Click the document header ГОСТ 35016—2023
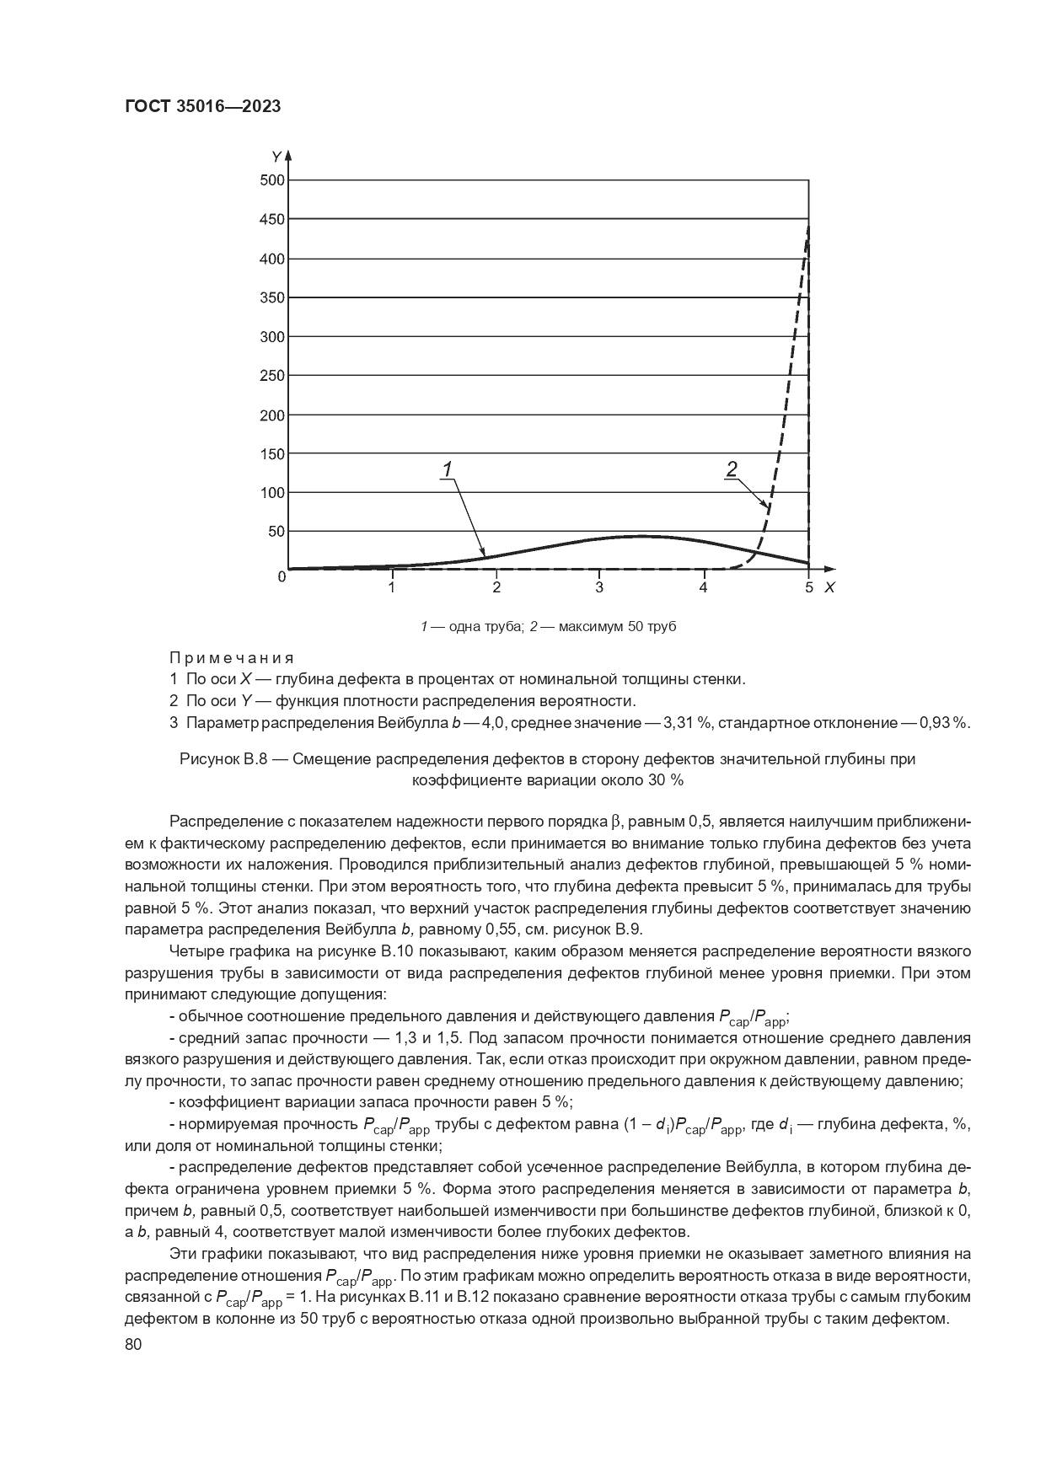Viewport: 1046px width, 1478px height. pyautogui.click(x=202, y=106)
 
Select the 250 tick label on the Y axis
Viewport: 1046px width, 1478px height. pyautogui.click(x=272, y=376)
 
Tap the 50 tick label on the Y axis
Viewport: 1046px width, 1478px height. pyautogui.click(x=276, y=532)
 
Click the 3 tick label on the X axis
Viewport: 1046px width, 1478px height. pyautogui.click(x=599, y=587)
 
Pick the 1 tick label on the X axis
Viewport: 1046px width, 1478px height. pyautogui.click(x=392, y=587)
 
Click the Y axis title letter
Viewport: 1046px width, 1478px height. pyautogui.click(x=276, y=157)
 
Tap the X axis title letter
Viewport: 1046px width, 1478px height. pyautogui.click(x=829, y=587)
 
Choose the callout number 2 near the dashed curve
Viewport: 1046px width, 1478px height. pyautogui.click(x=732, y=469)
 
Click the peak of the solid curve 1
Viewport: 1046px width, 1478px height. pyautogui.click(x=642, y=536)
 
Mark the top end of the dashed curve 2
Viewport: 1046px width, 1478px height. pyautogui.click(x=807, y=226)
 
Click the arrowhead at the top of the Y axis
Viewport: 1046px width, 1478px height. pyautogui.click(x=288, y=155)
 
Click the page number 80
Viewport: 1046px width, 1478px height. pyautogui.click(x=133, y=1345)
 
